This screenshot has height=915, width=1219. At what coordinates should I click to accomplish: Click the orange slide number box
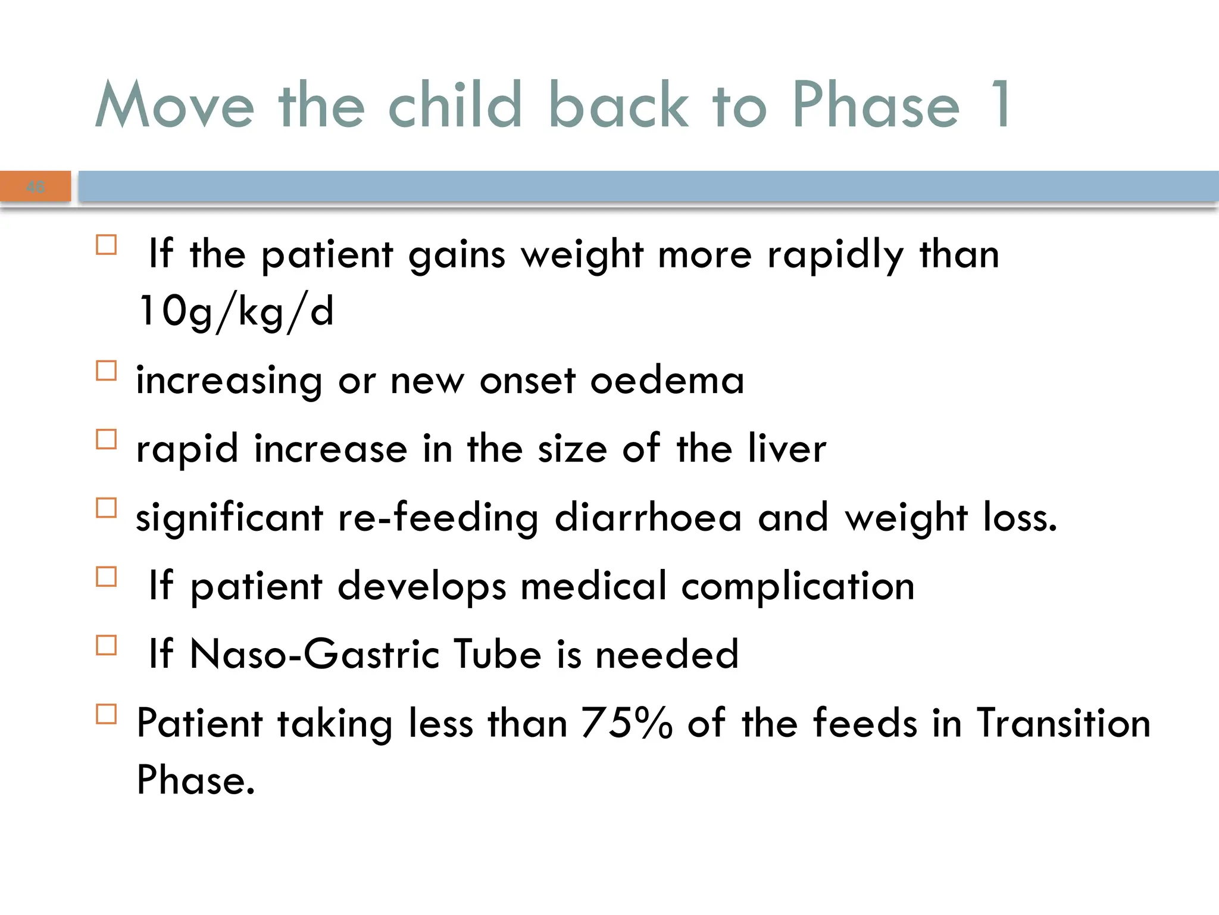(x=36, y=186)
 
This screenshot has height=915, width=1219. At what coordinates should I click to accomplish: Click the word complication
(x=798, y=586)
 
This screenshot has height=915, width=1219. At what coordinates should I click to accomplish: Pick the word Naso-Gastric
(x=315, y=653)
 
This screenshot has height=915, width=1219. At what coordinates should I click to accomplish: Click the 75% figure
(x=627, y=723)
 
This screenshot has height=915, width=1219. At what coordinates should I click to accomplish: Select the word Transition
(x=1063, y=723)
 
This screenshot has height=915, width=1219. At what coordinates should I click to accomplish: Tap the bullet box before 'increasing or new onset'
(x=107, y=371)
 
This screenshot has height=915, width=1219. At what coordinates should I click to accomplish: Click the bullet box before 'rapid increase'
(x=107, y=439)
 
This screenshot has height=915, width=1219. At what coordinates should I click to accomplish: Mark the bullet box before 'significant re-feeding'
(x=107, y=508)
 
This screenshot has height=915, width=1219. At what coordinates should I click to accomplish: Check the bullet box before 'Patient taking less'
(x=107, y=714)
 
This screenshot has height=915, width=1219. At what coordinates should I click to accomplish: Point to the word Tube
(x=498, y=653)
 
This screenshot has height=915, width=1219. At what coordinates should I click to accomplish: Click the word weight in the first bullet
(x=582, y=255)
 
